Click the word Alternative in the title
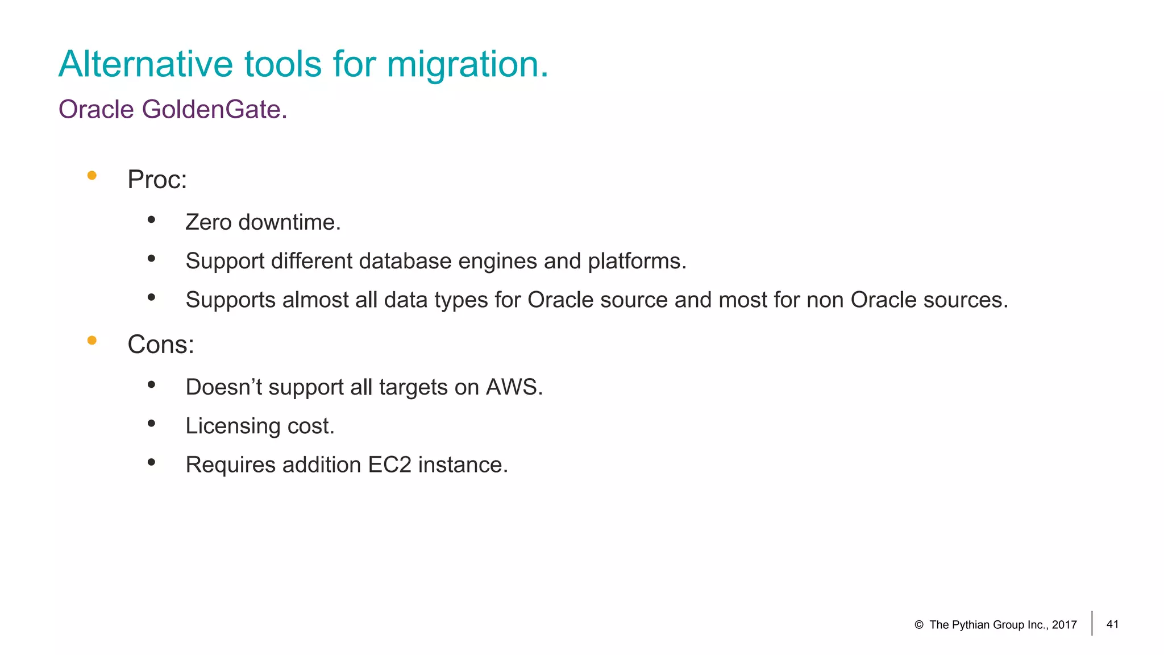(145, 64)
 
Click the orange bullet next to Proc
(92, 176)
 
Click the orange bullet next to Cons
(92, 341)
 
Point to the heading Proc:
(157, 180)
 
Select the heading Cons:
(160, 345)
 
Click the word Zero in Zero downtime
(209, 222)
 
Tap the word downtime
(289, 222)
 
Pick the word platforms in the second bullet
(637, 262)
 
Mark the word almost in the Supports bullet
(315, 300)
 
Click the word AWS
(514, 387)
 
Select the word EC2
(389, 465)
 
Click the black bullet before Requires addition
(151, 462)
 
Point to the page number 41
(1112, 624)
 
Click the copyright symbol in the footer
(918, 625)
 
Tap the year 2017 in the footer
(1064, 625)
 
